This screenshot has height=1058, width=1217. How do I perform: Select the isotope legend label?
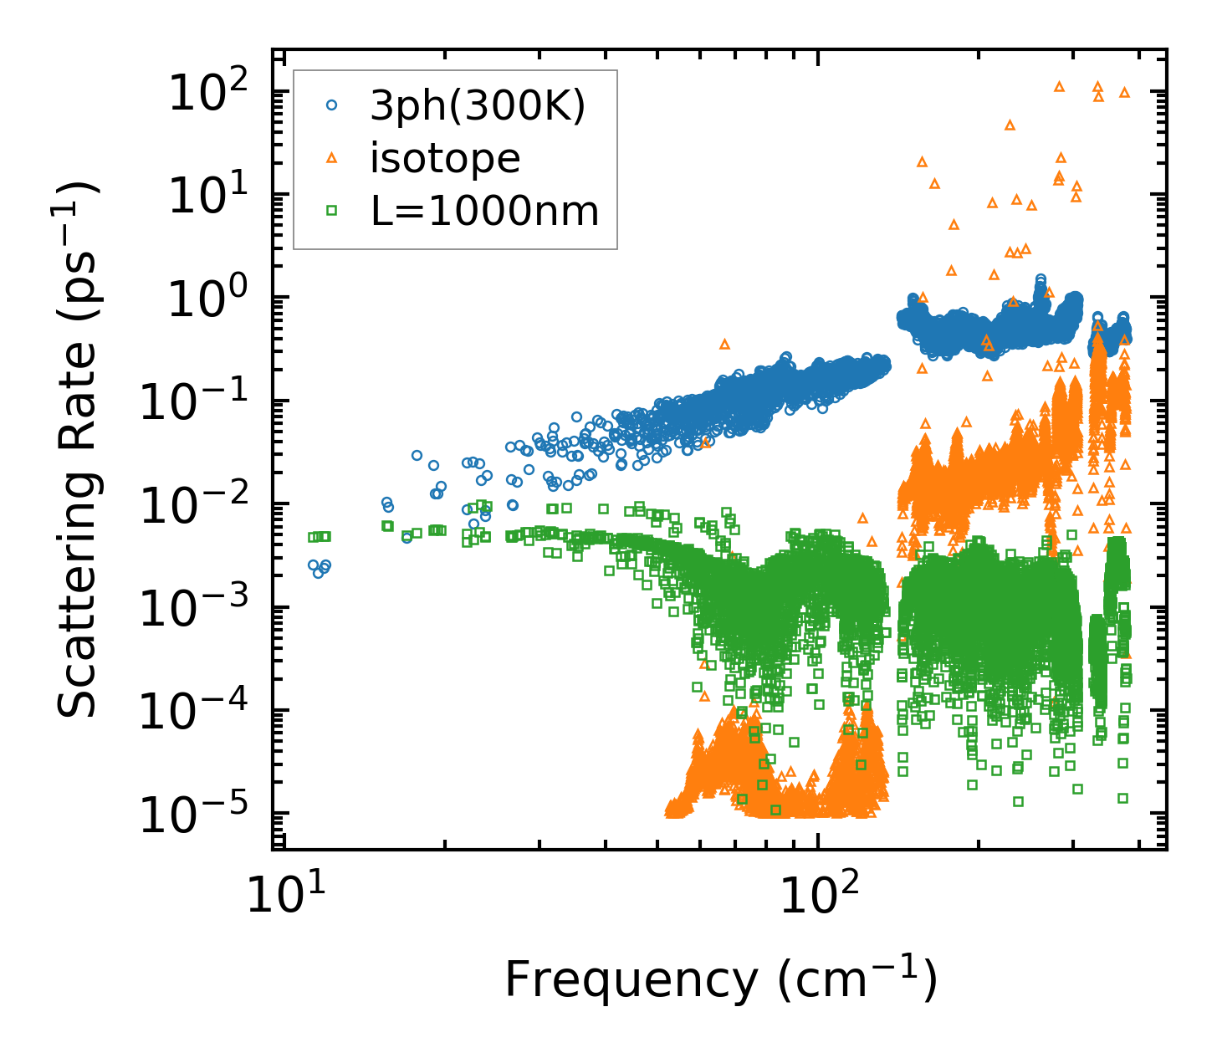coord(445,158)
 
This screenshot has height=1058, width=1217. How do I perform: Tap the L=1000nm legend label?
coord(485,211)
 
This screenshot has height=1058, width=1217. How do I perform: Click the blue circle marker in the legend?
coord(332,105)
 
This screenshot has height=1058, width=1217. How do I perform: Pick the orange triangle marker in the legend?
coord(332,158)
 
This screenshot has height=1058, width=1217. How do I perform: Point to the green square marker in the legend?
coord(332,211)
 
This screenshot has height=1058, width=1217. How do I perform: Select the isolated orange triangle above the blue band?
coord(724,344)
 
